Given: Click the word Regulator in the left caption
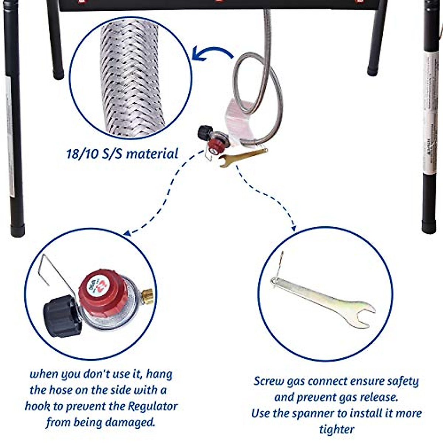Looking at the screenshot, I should [x=152, y=406].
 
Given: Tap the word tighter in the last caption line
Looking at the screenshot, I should [x=336, y=430].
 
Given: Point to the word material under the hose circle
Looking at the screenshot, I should [x=152, y=154].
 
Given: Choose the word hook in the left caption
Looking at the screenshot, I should [x=37, y=406].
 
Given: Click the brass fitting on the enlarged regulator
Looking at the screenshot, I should [x=148, y=296].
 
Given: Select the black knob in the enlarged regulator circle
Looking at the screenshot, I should [x=61, y=316].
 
